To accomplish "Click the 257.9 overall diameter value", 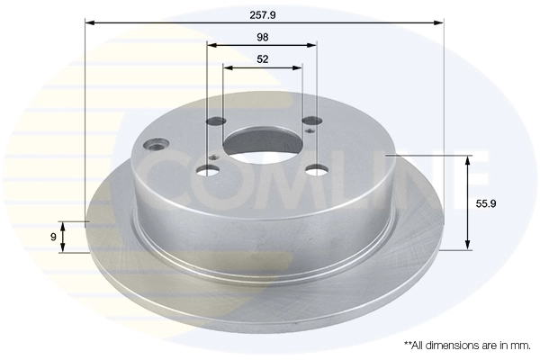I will (x=263, y=13).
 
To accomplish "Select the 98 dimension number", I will (x=262, y=37).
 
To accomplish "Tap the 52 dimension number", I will (x=262, y=59).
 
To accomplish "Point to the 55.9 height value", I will (x=486, y=204).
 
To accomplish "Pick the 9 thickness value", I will (x=54, y=237).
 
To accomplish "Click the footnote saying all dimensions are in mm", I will (x=467, y=345).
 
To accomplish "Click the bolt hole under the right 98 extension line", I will (x=310, y=121).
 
